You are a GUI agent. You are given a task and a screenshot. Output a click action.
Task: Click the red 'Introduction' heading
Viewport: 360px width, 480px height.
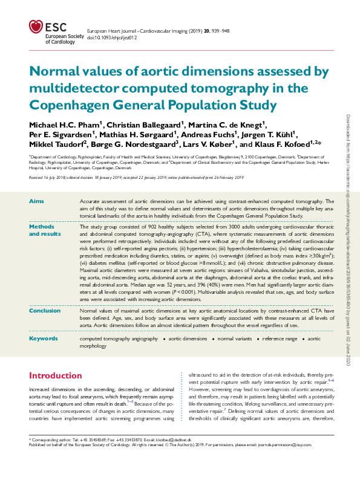(x=56, y=375)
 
